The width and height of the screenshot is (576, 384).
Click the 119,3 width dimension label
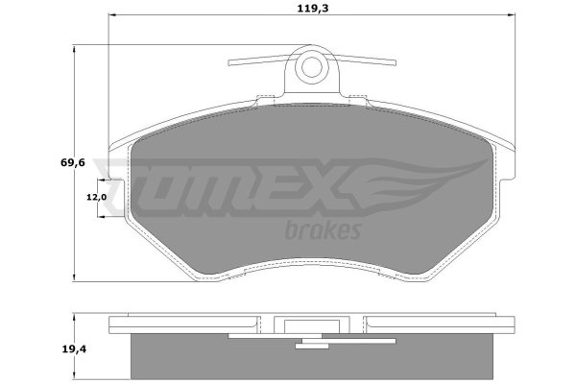click(x=313, y=8)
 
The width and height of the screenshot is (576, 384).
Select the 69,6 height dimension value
click(x=73, y=162)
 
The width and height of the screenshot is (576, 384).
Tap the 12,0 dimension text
click(x=97, y=198)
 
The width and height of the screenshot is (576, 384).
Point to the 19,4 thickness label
click(x=74, y=348)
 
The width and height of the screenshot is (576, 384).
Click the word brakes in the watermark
click(x=323, y=230)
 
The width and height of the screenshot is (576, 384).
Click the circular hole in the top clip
click(x=312, y=67)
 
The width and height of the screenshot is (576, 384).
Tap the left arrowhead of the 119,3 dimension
click(x=112, y=15)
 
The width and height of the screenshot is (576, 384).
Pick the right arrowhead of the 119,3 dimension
click(x=512, y=15)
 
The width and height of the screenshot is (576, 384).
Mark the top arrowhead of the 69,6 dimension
click(x=75, y=49)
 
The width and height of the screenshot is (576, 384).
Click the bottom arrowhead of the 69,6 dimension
click(x=75, y=277)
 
